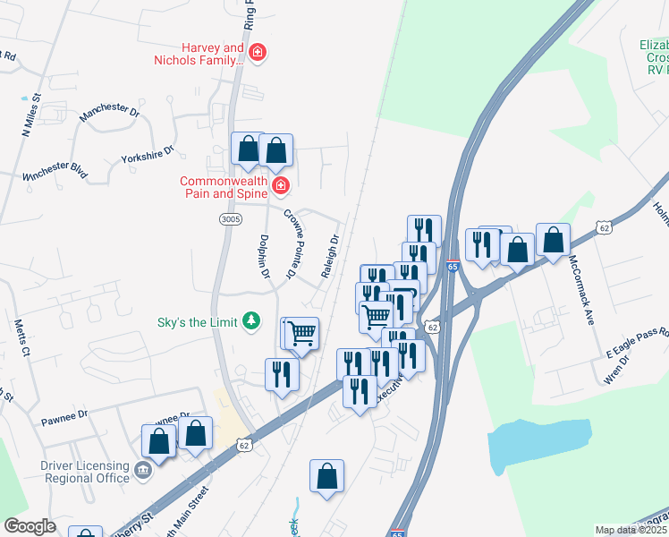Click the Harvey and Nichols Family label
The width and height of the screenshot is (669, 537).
pos(200,54)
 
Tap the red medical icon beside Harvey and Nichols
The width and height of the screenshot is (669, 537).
pos(258,54)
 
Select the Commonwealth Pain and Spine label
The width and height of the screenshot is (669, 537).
pos(224,186)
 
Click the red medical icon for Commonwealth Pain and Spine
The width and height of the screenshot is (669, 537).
pos(281,185)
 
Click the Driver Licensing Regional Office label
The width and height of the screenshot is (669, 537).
pos(85,472)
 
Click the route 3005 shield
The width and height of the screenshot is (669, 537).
pos(230,217)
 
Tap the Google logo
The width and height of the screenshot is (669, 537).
pos(30,526)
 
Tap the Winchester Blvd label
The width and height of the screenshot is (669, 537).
pos(55,171)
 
